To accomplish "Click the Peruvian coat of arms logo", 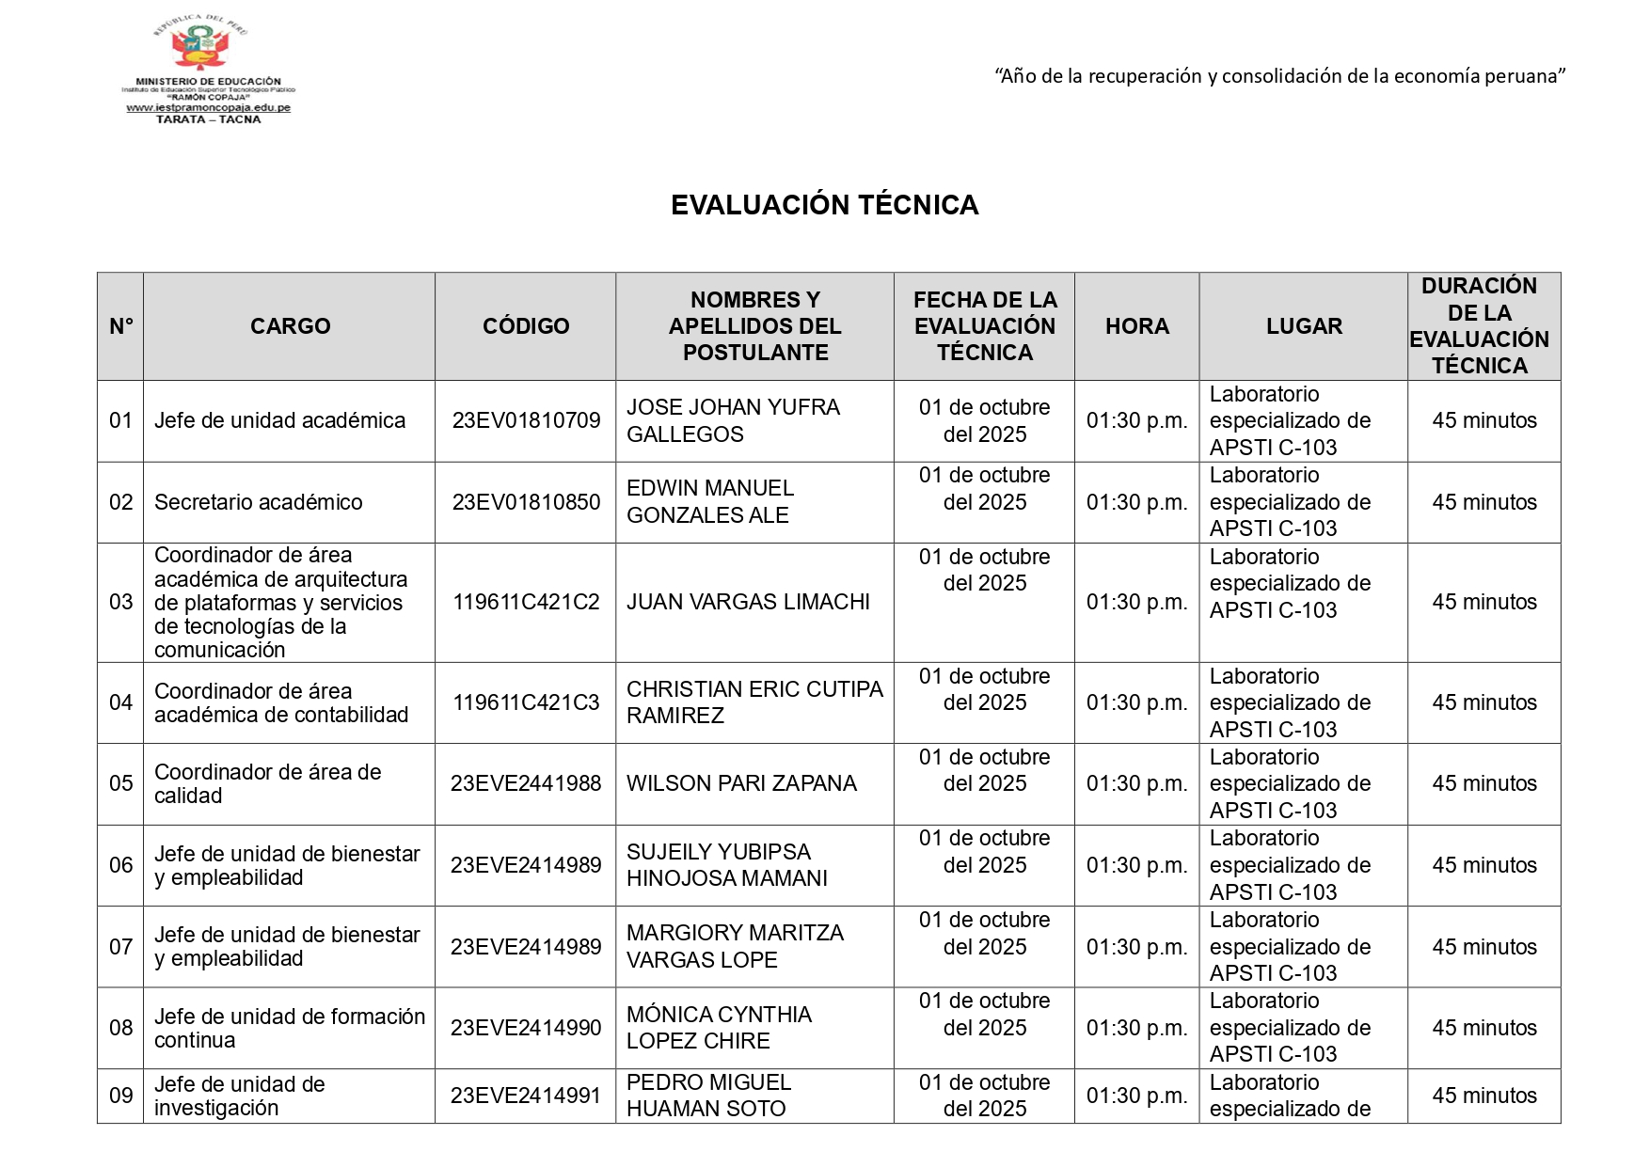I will pyautogui.click(x=200, y=47).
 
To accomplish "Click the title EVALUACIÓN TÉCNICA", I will pyautogui.click(x=824, y=205).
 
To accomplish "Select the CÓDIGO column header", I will pyautogui.click(x=526, y=326).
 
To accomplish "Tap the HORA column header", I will pyautogui.click(x=1136, y=326).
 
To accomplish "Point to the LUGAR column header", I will pyautogui.click(x=1303, y=326).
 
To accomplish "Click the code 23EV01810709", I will pyautogui.click(x=526, y=420).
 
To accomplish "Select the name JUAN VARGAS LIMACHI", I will pyautogui.click(x=748, y=602).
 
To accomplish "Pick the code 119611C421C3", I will pyautogui.click(x=526, y=702).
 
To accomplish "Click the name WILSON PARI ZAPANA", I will pyautogui.click(x=741, y=783).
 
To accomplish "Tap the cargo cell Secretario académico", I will pyautogui.click(x=258, y=502).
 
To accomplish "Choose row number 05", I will pyautogui.click(x=120, y=783).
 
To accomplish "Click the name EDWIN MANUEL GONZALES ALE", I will pyautogui.click(x=710, y=501).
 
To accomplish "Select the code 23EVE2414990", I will pyautogui.click(x=526, y=1028).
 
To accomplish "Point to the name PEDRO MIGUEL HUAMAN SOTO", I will pyautogui.click(x=708, y=1096).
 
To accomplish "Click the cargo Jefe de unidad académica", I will pyautogui.click(x=279, y=420).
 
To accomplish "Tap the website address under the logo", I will pyautogui.click(x=208, y=108).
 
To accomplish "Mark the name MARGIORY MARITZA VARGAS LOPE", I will pyautogui.click(x=735, y=946).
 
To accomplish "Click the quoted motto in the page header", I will pyautogui.click(x=1279, y=76).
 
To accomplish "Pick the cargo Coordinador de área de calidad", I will pyautogui.click(x=267, y=783).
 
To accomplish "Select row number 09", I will pyautogui.click(x=120, y=1096).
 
